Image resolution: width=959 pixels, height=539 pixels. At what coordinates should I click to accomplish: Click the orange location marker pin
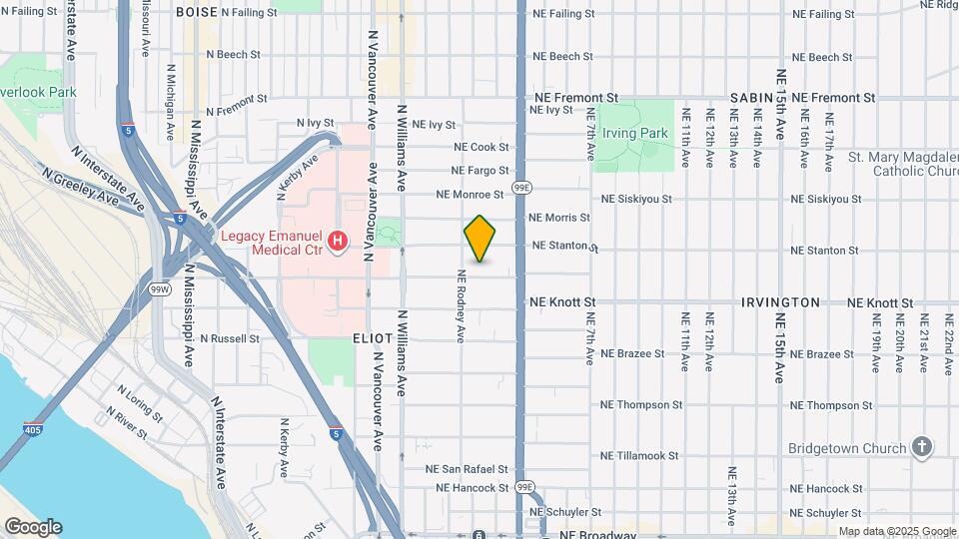click(x=480, y=239)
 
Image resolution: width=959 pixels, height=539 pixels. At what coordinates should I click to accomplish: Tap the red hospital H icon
click(x=338, y=241)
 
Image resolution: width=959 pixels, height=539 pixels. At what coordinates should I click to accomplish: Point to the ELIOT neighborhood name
click(x=373, y=338)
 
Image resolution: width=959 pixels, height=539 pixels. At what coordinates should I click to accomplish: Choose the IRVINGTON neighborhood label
click(x=780, y=301)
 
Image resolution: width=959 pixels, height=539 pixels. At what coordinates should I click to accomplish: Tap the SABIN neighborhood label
click(x=752, y=98)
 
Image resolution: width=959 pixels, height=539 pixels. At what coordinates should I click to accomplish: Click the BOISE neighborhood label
click(x=196, y=12)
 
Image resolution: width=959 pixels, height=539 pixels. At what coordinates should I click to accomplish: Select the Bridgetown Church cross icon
click(x=922, y=448)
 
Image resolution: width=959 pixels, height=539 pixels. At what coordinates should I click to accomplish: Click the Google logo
click(x=33, y=527)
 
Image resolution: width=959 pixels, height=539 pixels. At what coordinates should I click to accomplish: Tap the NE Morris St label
click(x=558, y=217)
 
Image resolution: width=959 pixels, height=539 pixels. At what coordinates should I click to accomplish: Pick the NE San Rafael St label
click(x=467, y=468)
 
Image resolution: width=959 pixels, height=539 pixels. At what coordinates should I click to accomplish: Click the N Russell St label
click(x=229, y=338)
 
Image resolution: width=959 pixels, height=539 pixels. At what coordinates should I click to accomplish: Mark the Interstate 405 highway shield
click(x=32, y=430)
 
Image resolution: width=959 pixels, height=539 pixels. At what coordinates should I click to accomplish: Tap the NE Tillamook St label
click(x=640, y=455)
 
